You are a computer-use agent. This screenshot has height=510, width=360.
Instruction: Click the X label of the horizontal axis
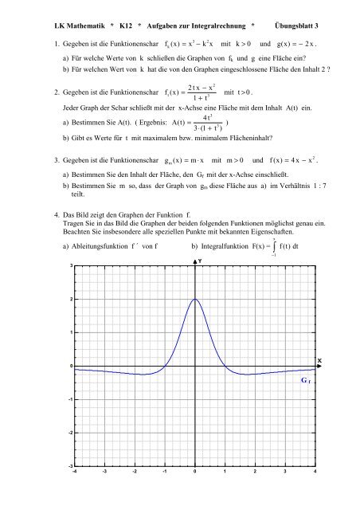click(x=319, y=360)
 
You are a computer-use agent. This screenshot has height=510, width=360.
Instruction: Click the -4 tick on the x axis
click(x=74, y=472)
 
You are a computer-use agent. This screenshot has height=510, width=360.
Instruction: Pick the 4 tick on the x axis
click(x=316, y=472)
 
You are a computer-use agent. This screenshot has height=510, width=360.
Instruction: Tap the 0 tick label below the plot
click(x=194, y=472)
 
